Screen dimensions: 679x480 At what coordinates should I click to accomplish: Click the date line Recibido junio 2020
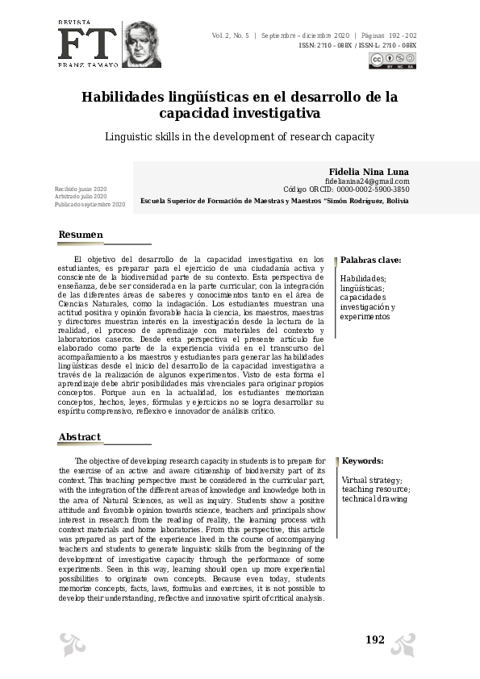(x=81, y=189)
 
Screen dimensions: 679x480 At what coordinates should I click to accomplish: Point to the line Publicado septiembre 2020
(x=90, y=205)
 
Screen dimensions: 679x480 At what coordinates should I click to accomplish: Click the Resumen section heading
(x=81, y=235)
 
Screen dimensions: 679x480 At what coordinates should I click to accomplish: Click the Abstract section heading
(x=80, y=437)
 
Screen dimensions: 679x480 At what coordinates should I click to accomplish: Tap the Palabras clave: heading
(x=370, y=260)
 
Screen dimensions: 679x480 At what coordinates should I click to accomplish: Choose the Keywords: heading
(x=362, y=460)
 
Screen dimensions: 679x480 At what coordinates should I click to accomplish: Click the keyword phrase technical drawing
(x=374, y=499)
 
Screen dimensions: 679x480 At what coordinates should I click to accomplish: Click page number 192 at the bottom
(x=375, y=639)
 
